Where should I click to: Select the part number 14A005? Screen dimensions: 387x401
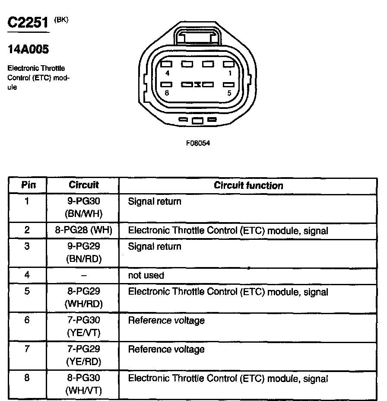29,49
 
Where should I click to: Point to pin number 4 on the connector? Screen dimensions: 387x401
167,73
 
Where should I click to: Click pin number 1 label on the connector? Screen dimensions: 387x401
229,73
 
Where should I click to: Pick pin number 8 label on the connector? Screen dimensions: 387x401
167,93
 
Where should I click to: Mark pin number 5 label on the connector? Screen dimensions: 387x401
229,93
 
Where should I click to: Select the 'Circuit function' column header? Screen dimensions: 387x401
248,185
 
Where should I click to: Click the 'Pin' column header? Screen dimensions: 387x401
28,185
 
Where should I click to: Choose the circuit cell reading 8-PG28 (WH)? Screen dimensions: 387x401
84,230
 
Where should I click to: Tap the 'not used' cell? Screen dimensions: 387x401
146,275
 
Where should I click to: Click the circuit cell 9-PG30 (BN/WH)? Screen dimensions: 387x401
84,207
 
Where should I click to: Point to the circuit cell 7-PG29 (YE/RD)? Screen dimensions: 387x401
84,355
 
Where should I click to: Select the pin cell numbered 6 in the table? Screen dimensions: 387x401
27,321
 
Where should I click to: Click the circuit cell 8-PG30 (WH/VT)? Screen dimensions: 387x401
84,384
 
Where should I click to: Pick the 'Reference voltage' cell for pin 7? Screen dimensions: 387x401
166,349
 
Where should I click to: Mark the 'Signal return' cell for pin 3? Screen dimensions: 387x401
155,246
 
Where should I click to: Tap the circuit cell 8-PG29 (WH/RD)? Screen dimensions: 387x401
84,297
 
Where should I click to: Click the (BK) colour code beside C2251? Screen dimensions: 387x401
61,19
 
